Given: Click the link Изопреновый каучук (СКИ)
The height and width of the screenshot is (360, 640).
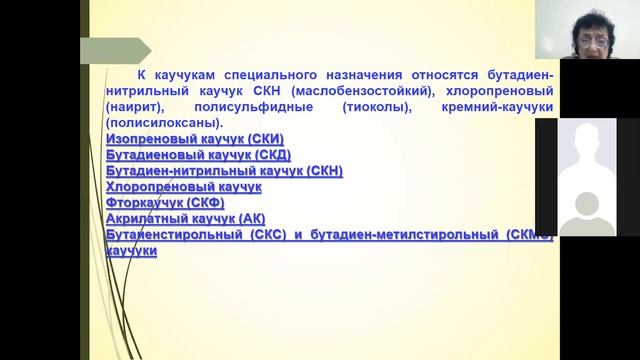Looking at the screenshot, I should [195, 139].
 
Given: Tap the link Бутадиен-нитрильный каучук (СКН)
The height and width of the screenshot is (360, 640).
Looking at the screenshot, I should [224, 171].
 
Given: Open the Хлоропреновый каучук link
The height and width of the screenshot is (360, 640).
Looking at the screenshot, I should [183, 187].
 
